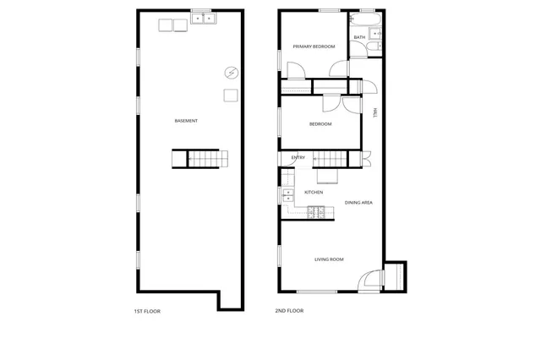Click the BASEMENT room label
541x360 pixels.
pyautogui.click(x=186, y=121)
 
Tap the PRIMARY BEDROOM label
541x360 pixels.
pyautogui.click(x=309, y=46)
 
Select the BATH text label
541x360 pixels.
pyautogui.click(x=359, y=37)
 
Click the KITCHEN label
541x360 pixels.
pyautogui.click(x=314, y=193)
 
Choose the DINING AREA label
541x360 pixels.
pyautogui.click(x=359, y=203)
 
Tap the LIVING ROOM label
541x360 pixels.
pyautogui.click(x=329, y=259)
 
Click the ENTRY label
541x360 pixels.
pyautogui.click(x=298, y=158)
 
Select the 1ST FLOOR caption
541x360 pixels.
pyautogui.click(x=147, y=311)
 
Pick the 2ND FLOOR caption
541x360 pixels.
pyautogui.click(x=289, y=311)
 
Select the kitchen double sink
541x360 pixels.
pyautogui.click(x=287, y=195)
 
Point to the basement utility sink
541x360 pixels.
pyautogui.click(x=202, y=18)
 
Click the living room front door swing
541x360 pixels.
pyautogui.click(x=370, y=281)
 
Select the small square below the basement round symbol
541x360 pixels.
pyautogui.click(x=230, y=95)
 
